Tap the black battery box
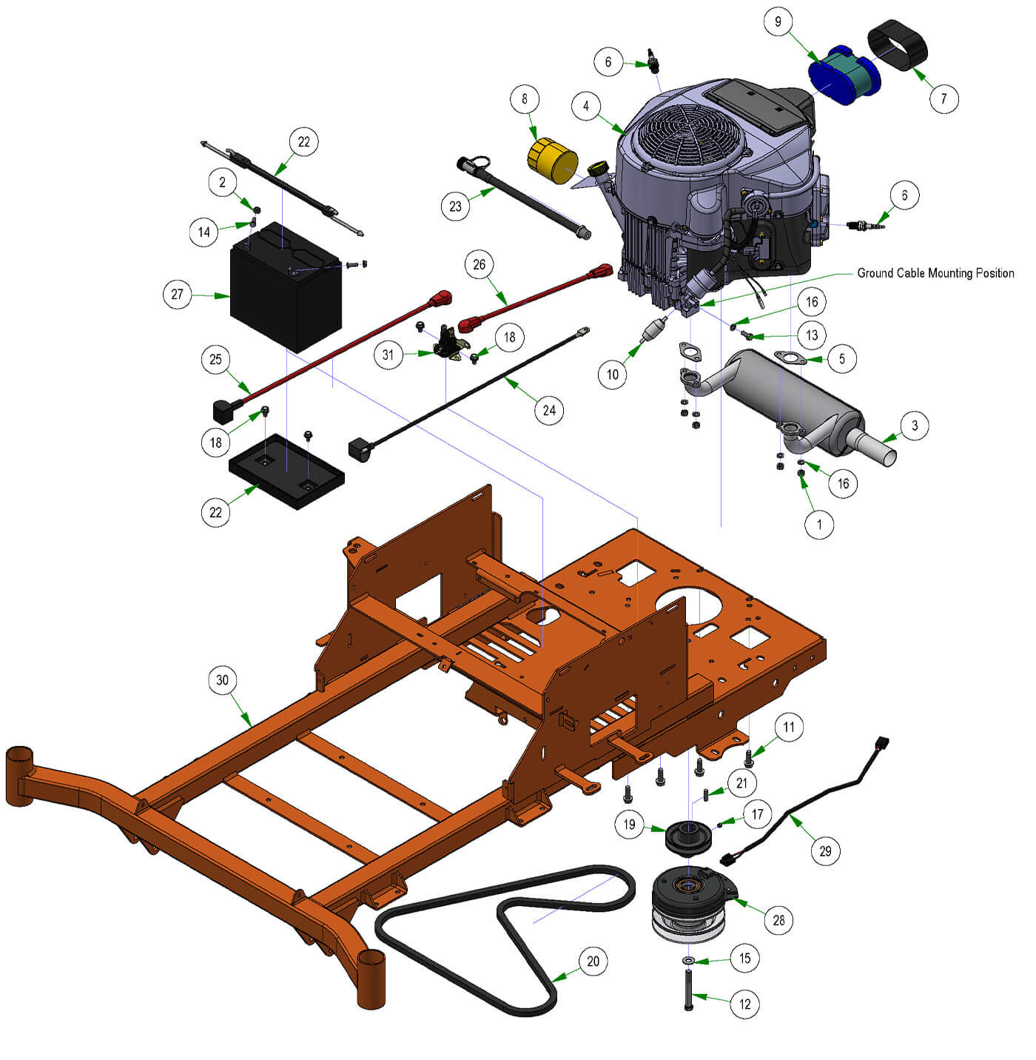pos(285,286)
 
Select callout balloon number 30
pos(222,680)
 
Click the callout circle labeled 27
pos(178,294)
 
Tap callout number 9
pos(778,21)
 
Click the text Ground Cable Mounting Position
pos(935,273)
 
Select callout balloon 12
pos(744,1003)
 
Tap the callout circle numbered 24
pos(549,409)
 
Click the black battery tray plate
pos(286,471)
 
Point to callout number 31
pos(388,355)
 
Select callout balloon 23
pos(455,207)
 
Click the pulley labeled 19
pos(689,837)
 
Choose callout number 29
pos(825,851)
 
